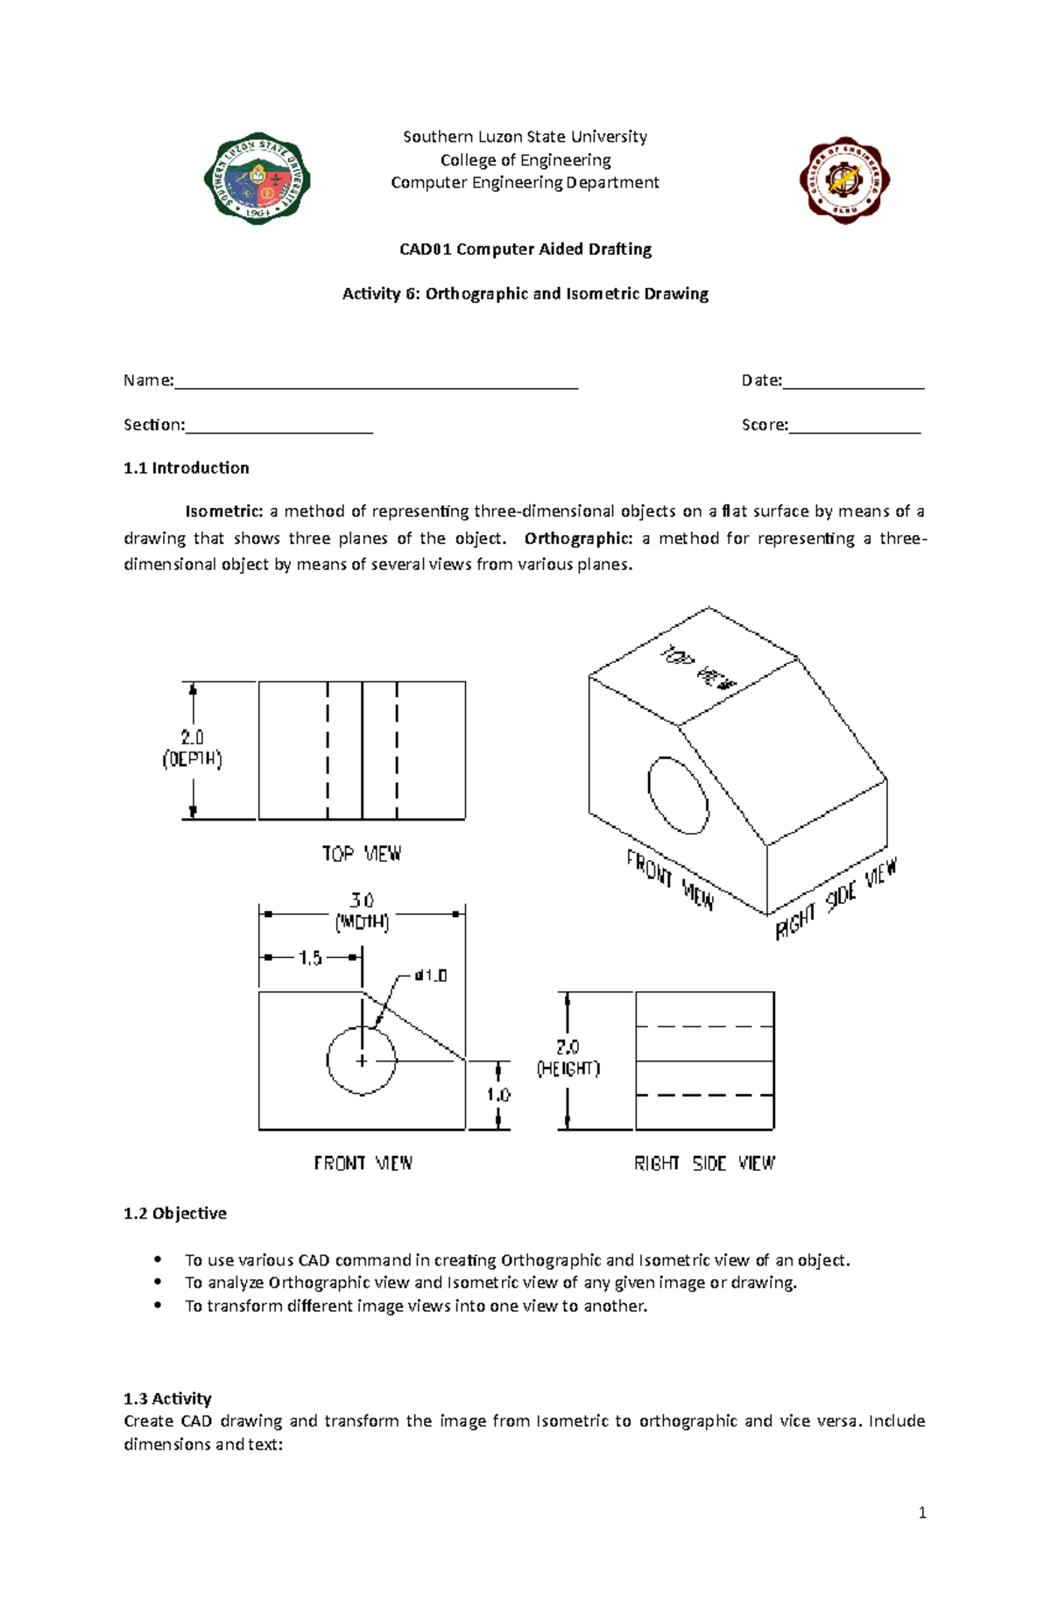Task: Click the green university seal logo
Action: click(x=257, y=180)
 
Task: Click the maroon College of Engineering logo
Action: click(x=844, y=180)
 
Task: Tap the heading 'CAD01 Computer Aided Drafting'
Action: click(x=525, y=250)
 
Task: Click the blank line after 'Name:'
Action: click(x=377, y=382)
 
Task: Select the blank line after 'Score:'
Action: click(x=854, y=426)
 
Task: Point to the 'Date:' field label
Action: click(x=761, y=380)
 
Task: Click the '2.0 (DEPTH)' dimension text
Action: click(x=193, y=749)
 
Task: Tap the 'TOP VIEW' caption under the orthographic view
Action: click(x=361, y=854)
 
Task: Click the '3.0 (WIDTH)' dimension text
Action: click(x=362, y=911)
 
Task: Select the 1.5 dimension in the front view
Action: click(x=310, y=958)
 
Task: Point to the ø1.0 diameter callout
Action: click(x=430, y=975)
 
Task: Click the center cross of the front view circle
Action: click(x=362, y=1061)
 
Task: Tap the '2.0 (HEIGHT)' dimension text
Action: click(x=568, y=1058)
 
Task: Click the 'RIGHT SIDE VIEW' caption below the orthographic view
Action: click(x=704, y=1164)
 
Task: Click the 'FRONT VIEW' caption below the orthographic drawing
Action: click(x=363, y=1164)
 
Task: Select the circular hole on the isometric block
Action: click(x=678, y=795)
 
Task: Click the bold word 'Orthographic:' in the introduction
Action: click(x=578, y=538)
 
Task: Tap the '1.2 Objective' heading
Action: click(x=175, y=1214)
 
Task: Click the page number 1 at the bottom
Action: click(x=922, y=1512)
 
